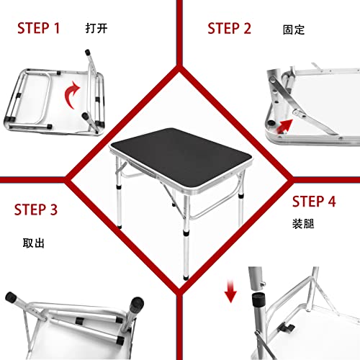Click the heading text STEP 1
[x=39, y=28]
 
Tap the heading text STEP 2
[x=229, y=28]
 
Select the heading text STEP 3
[x=36, y=210]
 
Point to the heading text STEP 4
[x=313, y=202]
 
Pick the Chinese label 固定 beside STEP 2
[x=293, y=30]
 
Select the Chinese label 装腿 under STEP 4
[x=302, y=224]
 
